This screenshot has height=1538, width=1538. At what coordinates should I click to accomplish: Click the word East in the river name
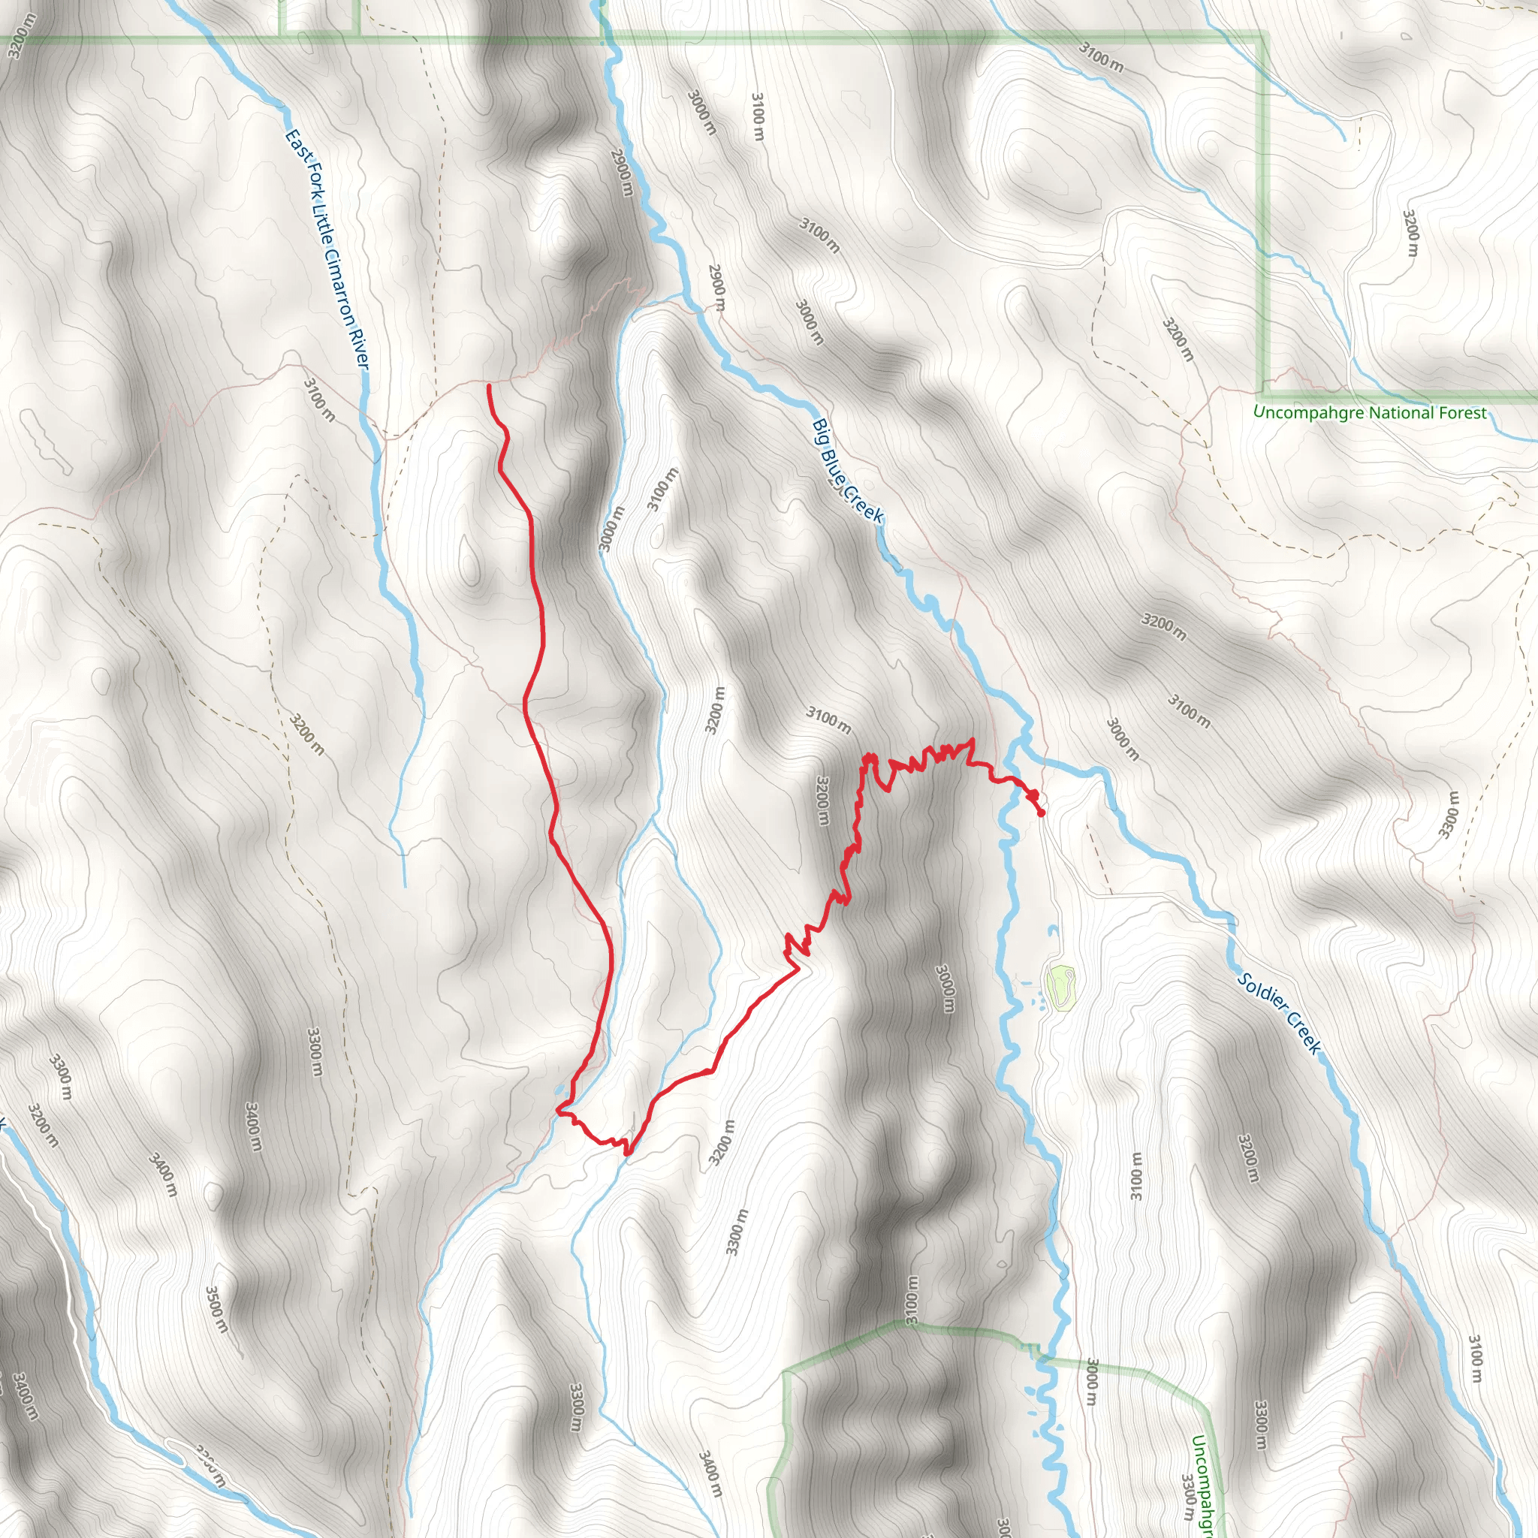coord(295,145)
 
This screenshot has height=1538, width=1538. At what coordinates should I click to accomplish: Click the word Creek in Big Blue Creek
coord(865,506)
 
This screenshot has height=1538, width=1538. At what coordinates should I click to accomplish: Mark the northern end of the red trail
coord(488,386)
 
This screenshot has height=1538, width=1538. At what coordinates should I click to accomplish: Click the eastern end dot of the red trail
coord(1042,813)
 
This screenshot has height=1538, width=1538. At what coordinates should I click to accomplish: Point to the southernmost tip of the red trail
coord(627,1153)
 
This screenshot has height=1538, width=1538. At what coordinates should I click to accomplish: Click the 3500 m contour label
coord(216,1310)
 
